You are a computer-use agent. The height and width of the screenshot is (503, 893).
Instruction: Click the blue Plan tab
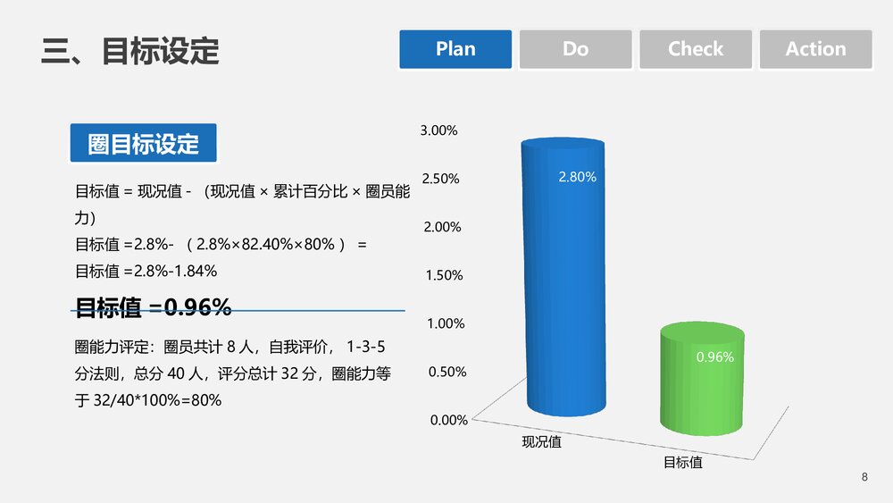coord(455,49)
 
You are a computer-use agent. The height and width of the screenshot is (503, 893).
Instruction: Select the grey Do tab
coord(576,49)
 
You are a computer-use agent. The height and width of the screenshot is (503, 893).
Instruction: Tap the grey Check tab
coord(696,49)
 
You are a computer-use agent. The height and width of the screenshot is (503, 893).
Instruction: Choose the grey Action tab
coord(815,49)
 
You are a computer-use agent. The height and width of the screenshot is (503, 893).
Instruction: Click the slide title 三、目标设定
coord(130,51)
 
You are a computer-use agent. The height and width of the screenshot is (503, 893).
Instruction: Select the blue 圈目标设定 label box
coord(144,143)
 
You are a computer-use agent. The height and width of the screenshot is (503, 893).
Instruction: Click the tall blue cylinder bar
coord(563,286)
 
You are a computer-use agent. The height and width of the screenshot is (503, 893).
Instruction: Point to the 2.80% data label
coord(577,177)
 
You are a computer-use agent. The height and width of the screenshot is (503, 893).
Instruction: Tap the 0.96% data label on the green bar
coord(714,357)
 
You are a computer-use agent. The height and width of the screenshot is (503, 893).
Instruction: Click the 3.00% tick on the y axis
coord(438,130)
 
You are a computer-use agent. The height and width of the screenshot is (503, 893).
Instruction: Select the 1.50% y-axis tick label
coord(445,275)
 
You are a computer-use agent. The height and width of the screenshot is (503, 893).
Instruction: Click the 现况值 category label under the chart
coord(541,441)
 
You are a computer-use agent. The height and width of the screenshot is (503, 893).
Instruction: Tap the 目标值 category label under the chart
coord(682,463)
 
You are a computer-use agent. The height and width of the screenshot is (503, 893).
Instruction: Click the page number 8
coord(864,477)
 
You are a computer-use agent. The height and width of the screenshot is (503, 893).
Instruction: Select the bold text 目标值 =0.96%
coord(154,308)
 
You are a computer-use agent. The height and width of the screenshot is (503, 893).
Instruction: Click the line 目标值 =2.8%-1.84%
coord(146,271)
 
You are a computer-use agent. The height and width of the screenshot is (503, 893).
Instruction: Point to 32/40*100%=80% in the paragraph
coord(157,400)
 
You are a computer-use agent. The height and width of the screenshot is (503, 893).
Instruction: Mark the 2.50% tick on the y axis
coord(440,179)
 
